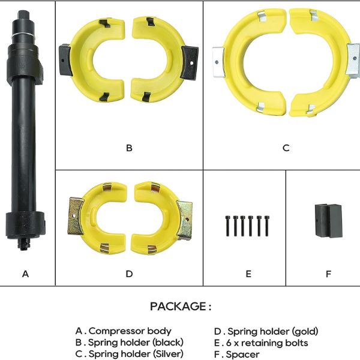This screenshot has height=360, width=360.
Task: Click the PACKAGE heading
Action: coord(181,306)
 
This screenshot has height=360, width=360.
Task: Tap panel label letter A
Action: coord(25,274)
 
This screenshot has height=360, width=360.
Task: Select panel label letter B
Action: coord(129,148)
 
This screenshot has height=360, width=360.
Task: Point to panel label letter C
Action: coord(286,148)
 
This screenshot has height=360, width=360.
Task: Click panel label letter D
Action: coord(129,274)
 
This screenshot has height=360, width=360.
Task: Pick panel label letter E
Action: coord(248,274)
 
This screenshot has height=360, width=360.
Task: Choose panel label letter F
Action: coord(329,274)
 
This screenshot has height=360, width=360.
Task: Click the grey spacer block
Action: coord(328,220)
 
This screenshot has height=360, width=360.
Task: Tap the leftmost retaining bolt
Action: coord(227,226)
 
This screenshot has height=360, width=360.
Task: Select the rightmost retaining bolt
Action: coord(266,226)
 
